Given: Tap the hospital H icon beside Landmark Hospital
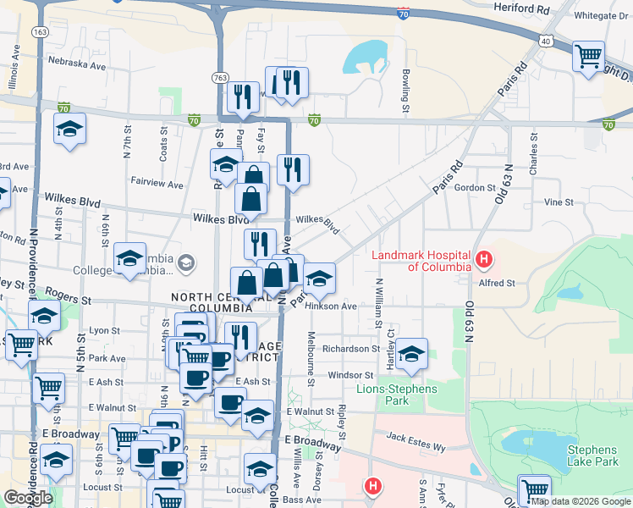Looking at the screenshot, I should point(484,258).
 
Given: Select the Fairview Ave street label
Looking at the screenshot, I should point(157,184).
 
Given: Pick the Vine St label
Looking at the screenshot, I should point(559,202).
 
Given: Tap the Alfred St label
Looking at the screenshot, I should point(497,284).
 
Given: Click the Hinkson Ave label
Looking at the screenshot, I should point(332,306).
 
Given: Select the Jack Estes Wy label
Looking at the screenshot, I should point(416,438).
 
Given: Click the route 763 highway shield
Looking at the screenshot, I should point(220,78).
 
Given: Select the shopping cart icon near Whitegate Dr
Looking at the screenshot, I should point(588,58).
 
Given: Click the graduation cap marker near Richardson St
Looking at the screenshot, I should point(411,355).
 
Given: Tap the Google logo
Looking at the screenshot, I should point(28,498).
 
